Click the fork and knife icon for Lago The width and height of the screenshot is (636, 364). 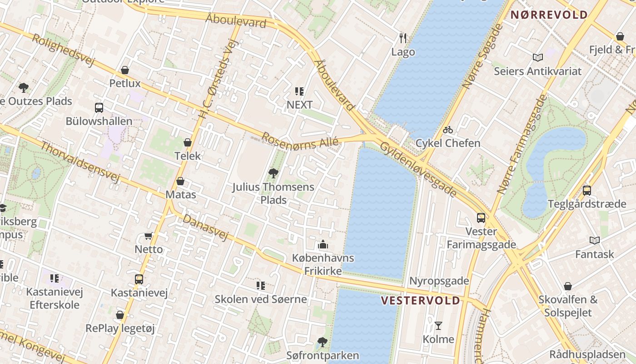coord(403,38)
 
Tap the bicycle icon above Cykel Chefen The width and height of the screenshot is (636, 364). coord(448,130)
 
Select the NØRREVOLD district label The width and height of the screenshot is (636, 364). coord(549,15)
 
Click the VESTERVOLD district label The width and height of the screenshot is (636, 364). coord(420,301)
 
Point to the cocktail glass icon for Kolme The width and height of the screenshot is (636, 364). coord(438,325)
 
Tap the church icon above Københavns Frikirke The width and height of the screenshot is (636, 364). coord(323,245)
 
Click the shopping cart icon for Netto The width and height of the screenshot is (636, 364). coord(149,236)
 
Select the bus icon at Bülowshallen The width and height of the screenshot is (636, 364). coord(99,108)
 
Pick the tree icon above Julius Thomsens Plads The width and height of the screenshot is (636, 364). coord(273,173)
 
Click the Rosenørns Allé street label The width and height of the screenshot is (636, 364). coord(300,141)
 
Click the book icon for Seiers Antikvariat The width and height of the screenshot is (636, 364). coord(538,57)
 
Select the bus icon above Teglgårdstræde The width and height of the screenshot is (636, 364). coord(587,190)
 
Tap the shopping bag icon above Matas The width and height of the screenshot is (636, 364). coord(180,181)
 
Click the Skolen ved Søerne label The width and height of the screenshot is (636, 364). coord(261,299)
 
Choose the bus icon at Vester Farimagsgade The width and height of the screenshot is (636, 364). coord(481,218)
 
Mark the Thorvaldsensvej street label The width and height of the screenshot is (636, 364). coord(80,162)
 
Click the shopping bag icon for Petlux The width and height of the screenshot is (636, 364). coord(125,70)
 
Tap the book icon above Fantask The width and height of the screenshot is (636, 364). coord(594,240)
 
